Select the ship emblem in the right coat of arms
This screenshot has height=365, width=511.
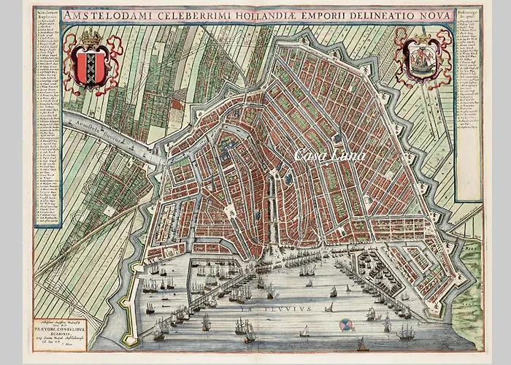coord(423,60)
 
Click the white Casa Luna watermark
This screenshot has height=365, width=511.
coord(329,155)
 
